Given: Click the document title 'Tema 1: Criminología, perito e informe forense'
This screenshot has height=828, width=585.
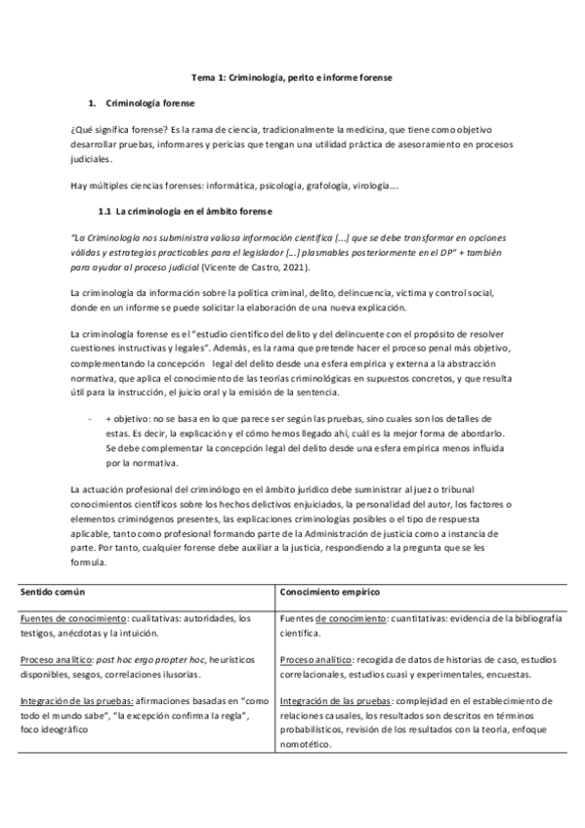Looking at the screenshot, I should [291, 76].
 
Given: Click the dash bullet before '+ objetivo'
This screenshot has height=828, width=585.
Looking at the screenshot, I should [90, 417].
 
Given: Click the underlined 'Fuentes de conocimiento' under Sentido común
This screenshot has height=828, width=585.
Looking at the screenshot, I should [66, 618].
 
